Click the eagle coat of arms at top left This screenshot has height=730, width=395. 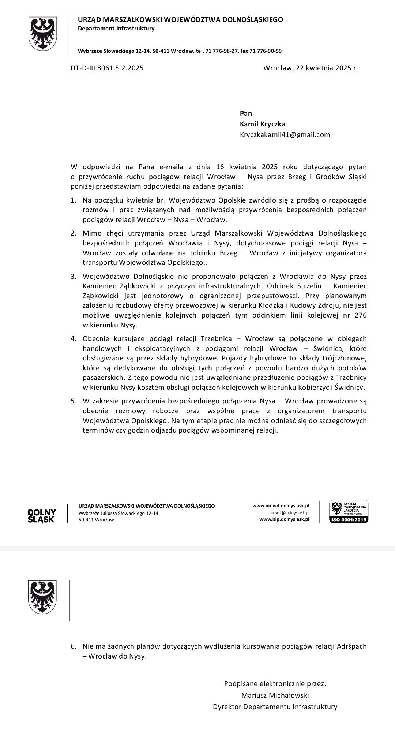pyautogui.click(x=43, y=34)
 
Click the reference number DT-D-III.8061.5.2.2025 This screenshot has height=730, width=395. pyautogui.click(x=107, y=68)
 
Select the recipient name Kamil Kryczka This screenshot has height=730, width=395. pyautogui.click(x=262, y=124)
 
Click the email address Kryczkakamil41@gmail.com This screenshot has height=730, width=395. pyautogui.click(x=285, y=134)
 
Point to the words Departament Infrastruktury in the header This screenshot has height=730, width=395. pyautogui.click(x=116, y=29)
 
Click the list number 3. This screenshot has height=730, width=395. pyautogui.click(x=73, y=277)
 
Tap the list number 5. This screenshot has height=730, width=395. pyautogui.click(x=73, y=401)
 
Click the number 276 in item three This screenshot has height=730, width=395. pyautogui.click(x=360, y=315)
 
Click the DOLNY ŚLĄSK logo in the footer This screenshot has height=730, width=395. pyautogui.click(x=42, y=516)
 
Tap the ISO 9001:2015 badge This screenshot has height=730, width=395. pyautogui.click(x=349, y=512)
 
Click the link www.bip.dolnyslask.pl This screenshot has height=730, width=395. pyautogui.click(x=284, y=519)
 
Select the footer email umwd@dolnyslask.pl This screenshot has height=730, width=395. pyautogui.click(x=289, y=512)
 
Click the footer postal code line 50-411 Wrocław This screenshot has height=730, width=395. pyautogui.click(x=96, y=519)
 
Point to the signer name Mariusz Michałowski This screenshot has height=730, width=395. pyautogui.click(x=275, y=695)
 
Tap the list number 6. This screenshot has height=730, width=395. pyautogui.click(x=73, y=646)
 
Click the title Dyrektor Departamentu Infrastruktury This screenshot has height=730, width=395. pyautogui.click(x=275, y=707)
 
